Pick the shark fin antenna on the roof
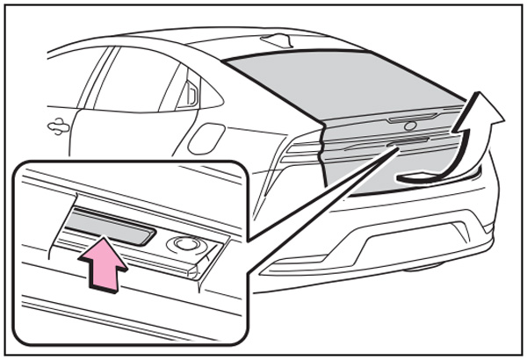278,40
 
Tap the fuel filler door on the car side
208,138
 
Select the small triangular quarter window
188,96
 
